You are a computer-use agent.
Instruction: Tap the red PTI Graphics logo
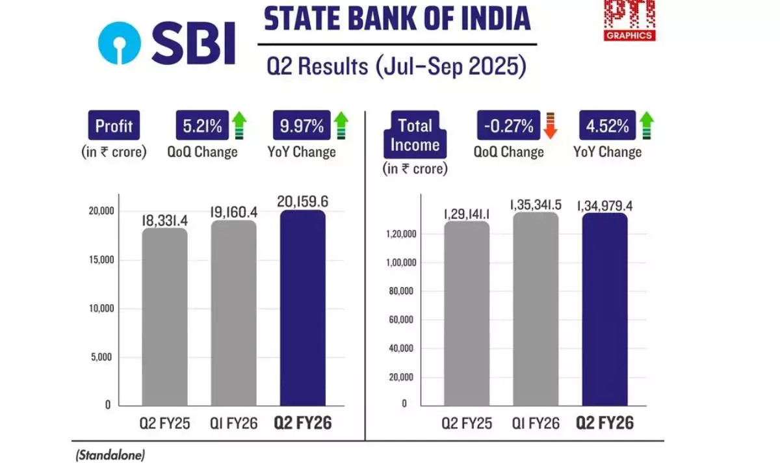[x=629, y=19]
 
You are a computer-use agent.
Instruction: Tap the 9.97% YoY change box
[x=300, y=126]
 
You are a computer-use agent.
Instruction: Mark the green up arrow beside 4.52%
[x=645, y=125]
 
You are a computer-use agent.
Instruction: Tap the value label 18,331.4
[x=164, y=221]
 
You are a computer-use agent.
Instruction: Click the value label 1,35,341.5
[x=536, y=205]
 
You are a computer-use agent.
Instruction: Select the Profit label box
[x=114, y=126]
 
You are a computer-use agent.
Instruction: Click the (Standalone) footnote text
[x=110, y=455]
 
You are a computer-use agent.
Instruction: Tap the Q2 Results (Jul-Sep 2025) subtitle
[x=397, y=67]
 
